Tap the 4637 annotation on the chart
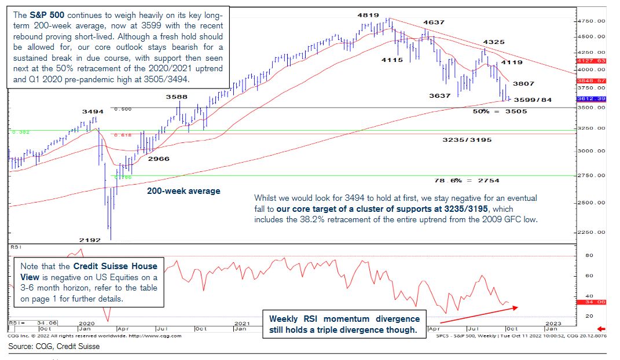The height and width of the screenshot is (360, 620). tap(434, 23)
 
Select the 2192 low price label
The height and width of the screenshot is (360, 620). tap(90, 240)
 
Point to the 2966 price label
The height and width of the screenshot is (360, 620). tap(158, 159)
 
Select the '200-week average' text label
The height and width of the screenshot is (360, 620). tap(183, 191)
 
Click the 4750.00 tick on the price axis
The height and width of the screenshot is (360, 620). tap(592, 21)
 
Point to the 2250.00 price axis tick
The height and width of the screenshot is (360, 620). tap(592, 233)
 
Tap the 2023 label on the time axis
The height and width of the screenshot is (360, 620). tap(553, 322)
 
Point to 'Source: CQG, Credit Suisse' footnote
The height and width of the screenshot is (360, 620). tap(54, 347)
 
